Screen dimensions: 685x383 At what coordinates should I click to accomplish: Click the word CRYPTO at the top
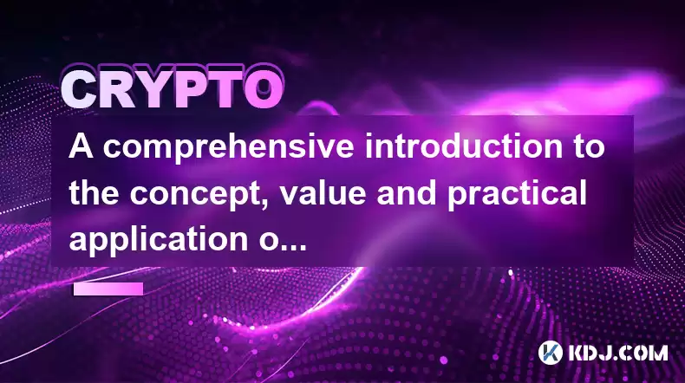[172, 89]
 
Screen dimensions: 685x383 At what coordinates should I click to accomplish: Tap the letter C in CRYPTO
[80, 90]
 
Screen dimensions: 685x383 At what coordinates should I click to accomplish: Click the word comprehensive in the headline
[229, 148]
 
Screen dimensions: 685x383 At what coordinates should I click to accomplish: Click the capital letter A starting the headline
[82, 146]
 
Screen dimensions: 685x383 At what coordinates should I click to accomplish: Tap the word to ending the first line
[589, 146]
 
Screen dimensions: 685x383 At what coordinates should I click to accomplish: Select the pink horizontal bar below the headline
[108, 289]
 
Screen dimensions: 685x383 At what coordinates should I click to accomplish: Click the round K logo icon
[551, 353]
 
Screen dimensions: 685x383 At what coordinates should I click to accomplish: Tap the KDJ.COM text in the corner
[617, 353]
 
